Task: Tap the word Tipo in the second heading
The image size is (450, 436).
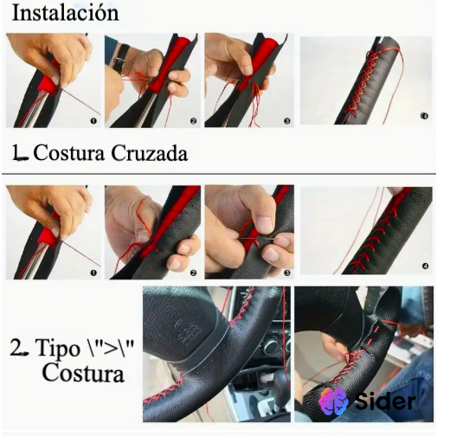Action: point(58,349)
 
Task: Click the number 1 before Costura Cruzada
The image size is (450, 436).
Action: point(16,153)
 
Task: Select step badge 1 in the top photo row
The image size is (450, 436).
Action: point(92,122)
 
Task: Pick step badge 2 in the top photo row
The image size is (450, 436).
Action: point(193,122)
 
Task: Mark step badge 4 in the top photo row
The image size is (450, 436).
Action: point(424,116)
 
